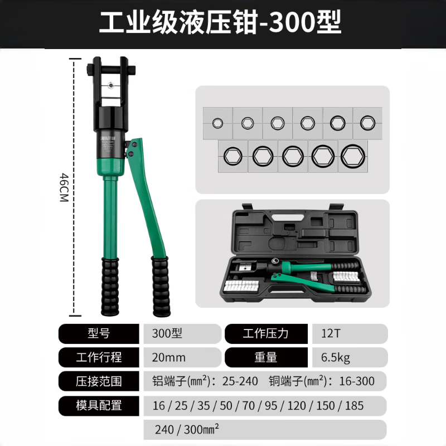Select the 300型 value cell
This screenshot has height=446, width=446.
coord(182,333)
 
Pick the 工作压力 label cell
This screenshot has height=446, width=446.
coord(266,333)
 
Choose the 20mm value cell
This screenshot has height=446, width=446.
coord(182,357)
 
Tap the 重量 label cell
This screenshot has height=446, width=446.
coord(266,357)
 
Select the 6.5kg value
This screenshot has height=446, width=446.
coord(336,357)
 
